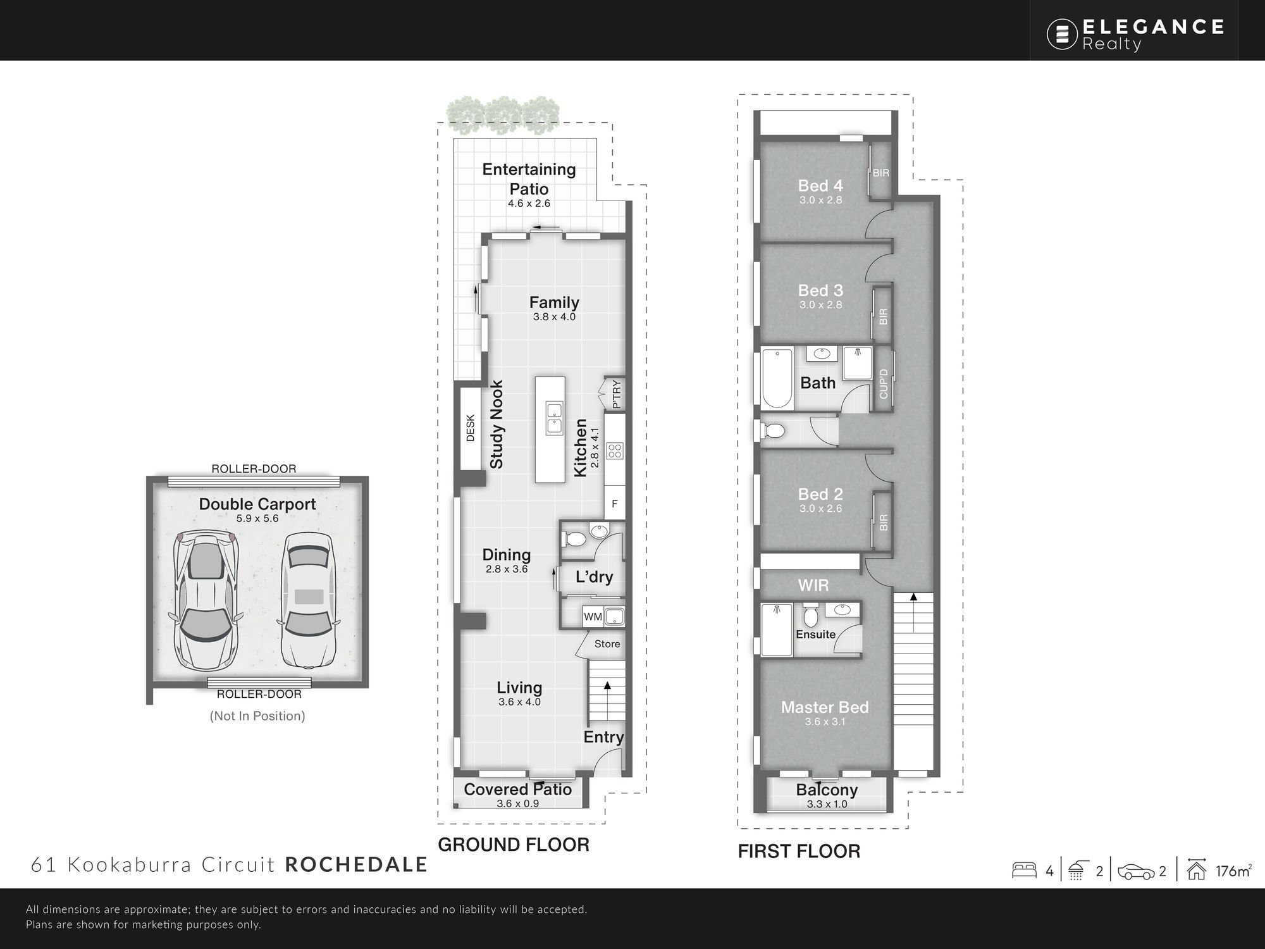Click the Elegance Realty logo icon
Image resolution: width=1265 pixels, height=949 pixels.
pos(1062,34)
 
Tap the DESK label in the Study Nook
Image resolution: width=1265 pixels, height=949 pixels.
pos(470,428)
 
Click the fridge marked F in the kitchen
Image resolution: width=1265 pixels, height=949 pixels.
pos(614,504)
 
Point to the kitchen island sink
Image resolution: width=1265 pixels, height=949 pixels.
pos(553,418)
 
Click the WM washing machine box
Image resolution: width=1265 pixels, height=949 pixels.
pos(593,617)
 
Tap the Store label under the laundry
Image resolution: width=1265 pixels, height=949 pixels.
pos(607,644)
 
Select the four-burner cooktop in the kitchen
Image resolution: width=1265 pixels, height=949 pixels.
pos(615,451)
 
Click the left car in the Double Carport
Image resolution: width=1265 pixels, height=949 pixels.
pos(206,601)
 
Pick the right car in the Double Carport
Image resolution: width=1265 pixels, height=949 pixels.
pos(307,600)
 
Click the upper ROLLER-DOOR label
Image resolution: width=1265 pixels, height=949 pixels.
pos(254,469)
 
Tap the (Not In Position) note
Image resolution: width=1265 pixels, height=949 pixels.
pos(257,716)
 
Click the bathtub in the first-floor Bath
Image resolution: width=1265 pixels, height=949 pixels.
pos(777,378)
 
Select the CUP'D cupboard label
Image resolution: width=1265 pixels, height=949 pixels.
pos(884,384)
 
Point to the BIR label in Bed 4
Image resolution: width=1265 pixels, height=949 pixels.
pos(881,173)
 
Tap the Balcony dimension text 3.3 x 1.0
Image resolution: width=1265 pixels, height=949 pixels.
pos(827,804)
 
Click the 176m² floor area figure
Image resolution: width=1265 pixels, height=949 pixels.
pos(1233,871)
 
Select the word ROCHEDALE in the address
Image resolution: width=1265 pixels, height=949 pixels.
pos(356,865)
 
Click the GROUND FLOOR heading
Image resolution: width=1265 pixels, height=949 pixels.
pos(514,845)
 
